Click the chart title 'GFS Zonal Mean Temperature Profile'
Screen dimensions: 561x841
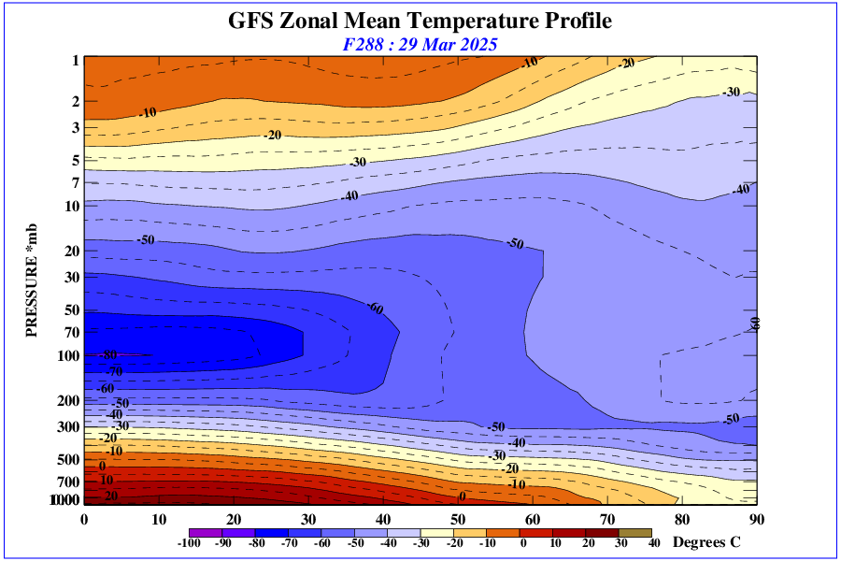click(420, 21)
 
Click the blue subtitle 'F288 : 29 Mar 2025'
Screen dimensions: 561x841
click(420, 44)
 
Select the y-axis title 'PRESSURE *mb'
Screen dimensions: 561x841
click(30, 280)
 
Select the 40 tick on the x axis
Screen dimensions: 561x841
click(383, 519)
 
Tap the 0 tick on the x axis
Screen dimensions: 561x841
click(84, 519)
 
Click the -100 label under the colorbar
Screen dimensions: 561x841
click(190, 543)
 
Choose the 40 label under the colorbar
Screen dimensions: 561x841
click(653, 543)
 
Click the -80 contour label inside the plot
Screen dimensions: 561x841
click(109, 355)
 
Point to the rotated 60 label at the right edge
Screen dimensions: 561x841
click(755, 323)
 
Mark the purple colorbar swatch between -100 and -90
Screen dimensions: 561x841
click(205, 532)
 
